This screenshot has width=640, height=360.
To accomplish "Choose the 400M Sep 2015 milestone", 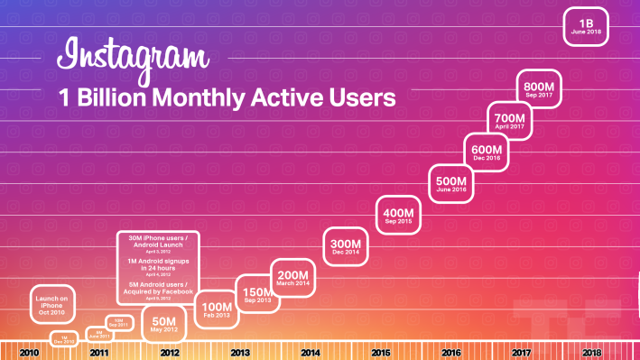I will pos(398,216).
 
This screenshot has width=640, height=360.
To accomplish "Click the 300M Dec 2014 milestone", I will pos(346,247).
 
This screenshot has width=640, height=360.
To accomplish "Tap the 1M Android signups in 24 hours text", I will pos(159,265).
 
